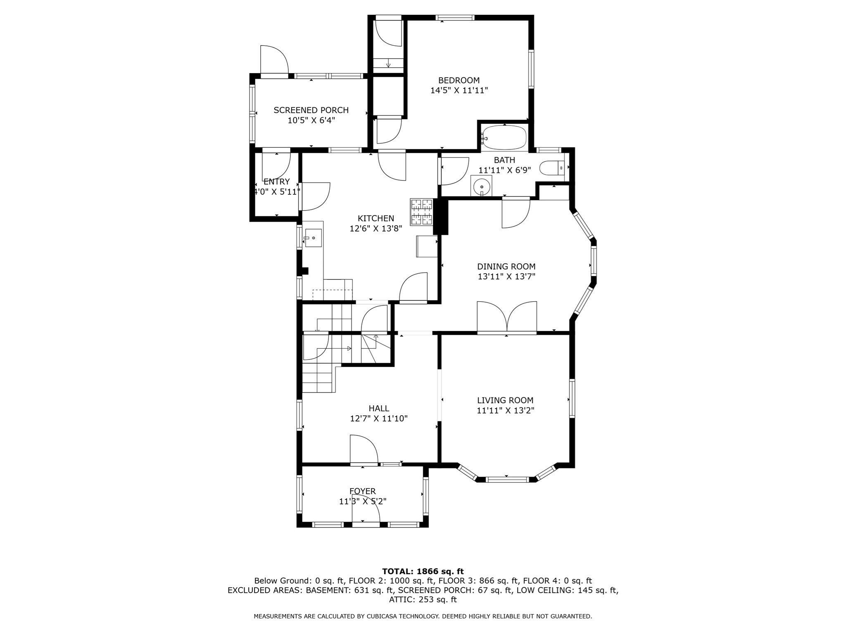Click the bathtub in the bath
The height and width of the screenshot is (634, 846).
point(504,138)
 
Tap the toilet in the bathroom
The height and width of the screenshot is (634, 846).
point(552,168)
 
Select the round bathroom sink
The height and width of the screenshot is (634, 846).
point(482,187)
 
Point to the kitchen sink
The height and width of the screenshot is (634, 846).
point(313,238)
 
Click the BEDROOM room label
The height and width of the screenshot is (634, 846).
point(459,80)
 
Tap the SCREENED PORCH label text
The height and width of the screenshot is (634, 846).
point(311,110)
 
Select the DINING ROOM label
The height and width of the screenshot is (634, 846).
point(506,267)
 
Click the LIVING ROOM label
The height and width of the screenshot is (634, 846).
point(505,400)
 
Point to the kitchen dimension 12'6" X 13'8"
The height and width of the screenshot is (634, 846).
point(376,228)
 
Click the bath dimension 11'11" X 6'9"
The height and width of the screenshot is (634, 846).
point(504,170)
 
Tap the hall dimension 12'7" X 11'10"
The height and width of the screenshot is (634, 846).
point(379,418)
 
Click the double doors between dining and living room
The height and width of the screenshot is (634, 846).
point(507,317)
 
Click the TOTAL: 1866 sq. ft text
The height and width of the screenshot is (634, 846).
point(423,571)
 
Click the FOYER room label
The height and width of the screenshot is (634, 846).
point(363,491)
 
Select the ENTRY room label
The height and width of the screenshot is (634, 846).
point(276,182)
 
